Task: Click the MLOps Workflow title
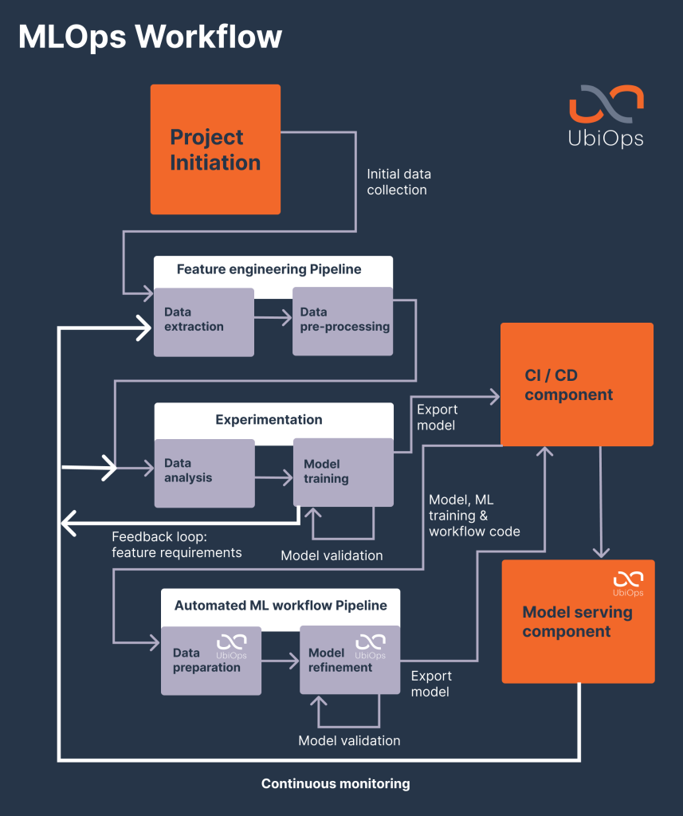pos(150,37)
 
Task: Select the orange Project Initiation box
pos(215,150)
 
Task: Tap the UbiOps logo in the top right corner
pos(606,116)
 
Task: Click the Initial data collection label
pos(398,182)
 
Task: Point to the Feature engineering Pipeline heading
pos(269,269)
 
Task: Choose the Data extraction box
pos(203,321)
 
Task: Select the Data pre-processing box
pos(343,320)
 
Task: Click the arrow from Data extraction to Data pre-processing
pos(273,319)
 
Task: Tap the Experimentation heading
pos(269,419)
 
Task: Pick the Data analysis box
pos(203,472)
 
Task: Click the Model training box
pos(343,472)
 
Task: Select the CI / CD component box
pos(576,384)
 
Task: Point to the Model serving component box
pos(577,622)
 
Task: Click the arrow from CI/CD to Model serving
pos(601,502)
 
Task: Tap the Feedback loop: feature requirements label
pos(176,544)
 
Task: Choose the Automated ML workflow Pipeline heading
pos(281,606)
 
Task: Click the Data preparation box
pos(210,661)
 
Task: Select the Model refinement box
pos(349,661)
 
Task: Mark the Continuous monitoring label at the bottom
pos(336,784)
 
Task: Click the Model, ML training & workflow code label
pos(474,516)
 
